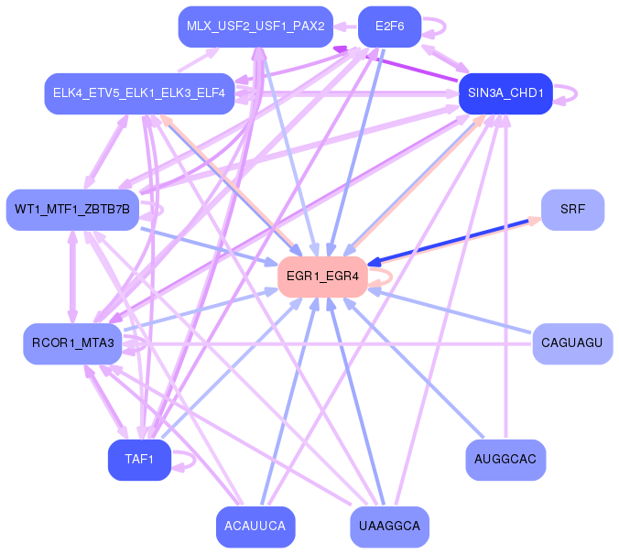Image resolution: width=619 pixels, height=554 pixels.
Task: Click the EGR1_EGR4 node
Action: [323, 277]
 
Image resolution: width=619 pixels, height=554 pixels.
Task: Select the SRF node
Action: [573, 210]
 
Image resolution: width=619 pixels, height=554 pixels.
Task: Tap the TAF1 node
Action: [140, 460]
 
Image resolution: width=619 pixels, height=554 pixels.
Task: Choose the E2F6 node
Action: [390, 27]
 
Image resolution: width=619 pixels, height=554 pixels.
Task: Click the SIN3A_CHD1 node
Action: [505, 93]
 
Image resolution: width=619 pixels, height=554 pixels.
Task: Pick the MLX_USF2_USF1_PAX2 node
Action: [255, 27]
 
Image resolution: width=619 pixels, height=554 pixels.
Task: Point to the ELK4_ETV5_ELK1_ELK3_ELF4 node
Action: [139, 93]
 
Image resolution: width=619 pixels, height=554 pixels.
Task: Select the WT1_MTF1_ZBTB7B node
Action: [72, 210]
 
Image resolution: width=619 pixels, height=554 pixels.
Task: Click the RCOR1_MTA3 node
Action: [72, 343]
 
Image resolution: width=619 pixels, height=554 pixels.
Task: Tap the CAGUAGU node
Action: [573, 343]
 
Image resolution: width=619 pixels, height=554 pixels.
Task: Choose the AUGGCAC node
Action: [505, 460]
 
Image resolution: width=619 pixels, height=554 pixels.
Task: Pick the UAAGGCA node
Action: [390, 527]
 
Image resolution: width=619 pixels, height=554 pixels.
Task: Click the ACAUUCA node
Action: [255, 527]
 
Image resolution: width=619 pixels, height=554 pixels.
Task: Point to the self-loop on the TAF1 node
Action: [194, 460]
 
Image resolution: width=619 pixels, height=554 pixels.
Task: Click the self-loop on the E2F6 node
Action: [445, 27]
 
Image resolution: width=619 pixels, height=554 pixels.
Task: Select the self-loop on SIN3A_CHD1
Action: [576, 94]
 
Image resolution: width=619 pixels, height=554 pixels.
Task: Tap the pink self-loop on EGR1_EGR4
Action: [391, 277]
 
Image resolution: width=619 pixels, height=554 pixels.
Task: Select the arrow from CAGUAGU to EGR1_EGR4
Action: [450, 310]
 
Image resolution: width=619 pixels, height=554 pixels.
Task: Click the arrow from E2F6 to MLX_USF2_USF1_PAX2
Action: [345, 27]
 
